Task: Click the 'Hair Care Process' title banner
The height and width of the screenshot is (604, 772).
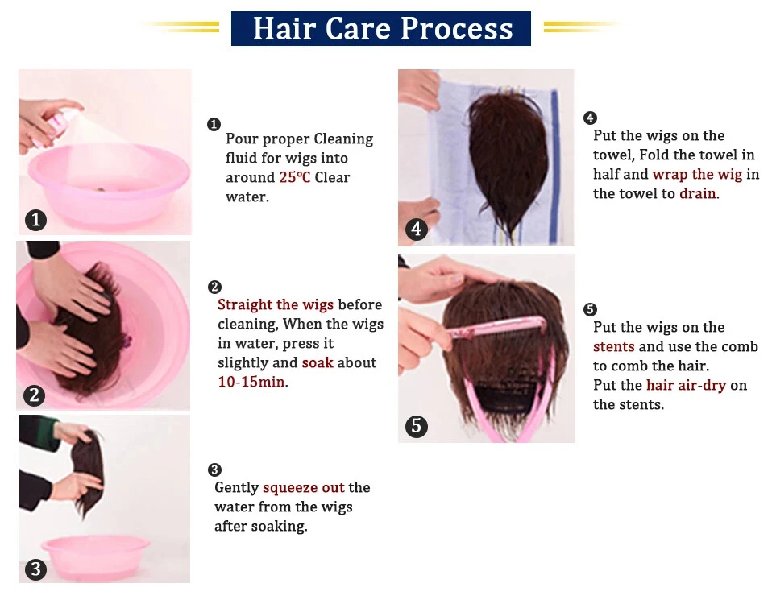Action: click(x=381, y=28)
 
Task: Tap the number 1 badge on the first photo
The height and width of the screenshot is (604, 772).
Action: click(x=35, y=220)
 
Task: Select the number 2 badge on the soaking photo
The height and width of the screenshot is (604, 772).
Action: click(x=34, y=395)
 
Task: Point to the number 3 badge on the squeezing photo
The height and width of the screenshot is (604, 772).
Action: click(x=35, y=569)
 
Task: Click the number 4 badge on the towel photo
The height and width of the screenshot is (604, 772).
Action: click(x=417, y=230)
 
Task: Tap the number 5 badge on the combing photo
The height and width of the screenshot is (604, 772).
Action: click(x=417, y=426)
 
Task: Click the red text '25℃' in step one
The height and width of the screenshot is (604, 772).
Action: click(x=295, y=177)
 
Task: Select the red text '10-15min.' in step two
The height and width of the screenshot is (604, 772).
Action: click(x=253, y=383)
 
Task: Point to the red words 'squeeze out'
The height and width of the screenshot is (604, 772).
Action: click(x=304, y=487)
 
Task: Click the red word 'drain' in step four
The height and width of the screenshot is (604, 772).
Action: click(x=698, y=194)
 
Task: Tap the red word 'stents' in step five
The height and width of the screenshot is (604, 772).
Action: click(x=614, y=347)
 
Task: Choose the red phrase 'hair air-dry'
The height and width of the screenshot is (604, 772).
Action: click(x=687, y=386)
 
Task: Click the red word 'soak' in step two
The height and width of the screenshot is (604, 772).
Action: click(x=318, y=363)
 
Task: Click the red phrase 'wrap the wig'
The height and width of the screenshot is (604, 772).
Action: click(x=697, y=175)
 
